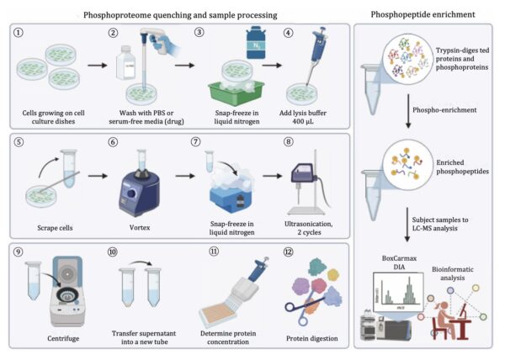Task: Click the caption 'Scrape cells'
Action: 51,227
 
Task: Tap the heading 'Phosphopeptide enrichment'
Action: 428,15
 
